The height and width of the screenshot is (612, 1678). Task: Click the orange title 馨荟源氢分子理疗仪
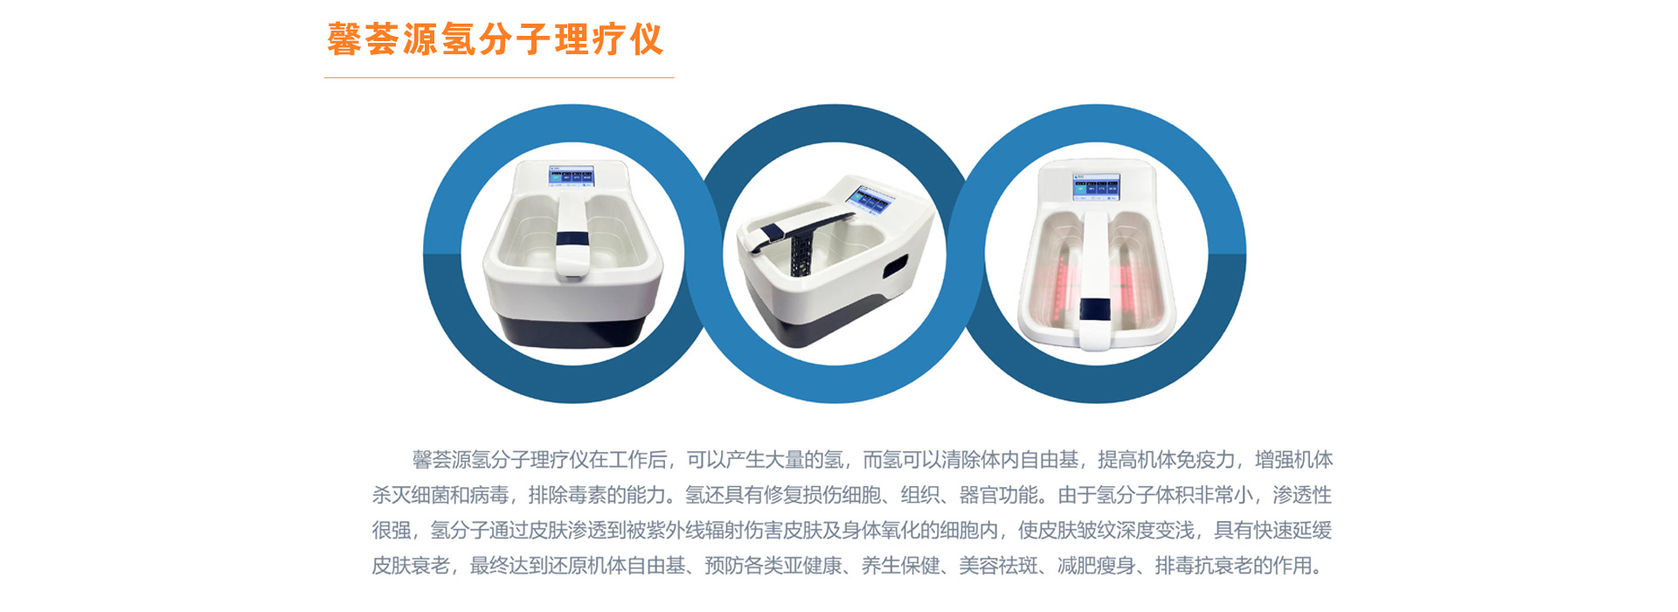pyautogui.click(x=496, y=39)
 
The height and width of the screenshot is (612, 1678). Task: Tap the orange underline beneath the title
pyautogui.click(x=499, y=78)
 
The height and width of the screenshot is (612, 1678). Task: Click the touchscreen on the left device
pyautogui.click(x=571, y=176)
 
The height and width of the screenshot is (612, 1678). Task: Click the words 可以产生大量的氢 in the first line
pyautogui.click(x=765, y=460)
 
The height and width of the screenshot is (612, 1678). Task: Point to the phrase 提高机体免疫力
pyautogui.click(x=1167, y=460)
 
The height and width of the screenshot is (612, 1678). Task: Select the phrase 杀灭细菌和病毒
pyautogui.click(x=440, y=496)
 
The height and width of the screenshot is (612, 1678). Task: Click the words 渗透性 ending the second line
pyautogui.click(x=1302, y=496)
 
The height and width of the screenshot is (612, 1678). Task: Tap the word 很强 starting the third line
pyautogui.click(x=392, y=531)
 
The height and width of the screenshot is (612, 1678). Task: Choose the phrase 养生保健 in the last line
pyautogui.click(x=900, y=567)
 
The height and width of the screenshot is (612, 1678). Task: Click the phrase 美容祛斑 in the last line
pyautogui.click(x=998, y=567)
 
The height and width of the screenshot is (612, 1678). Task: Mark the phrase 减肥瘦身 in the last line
pyautogui.click(x=1096, y=567)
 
